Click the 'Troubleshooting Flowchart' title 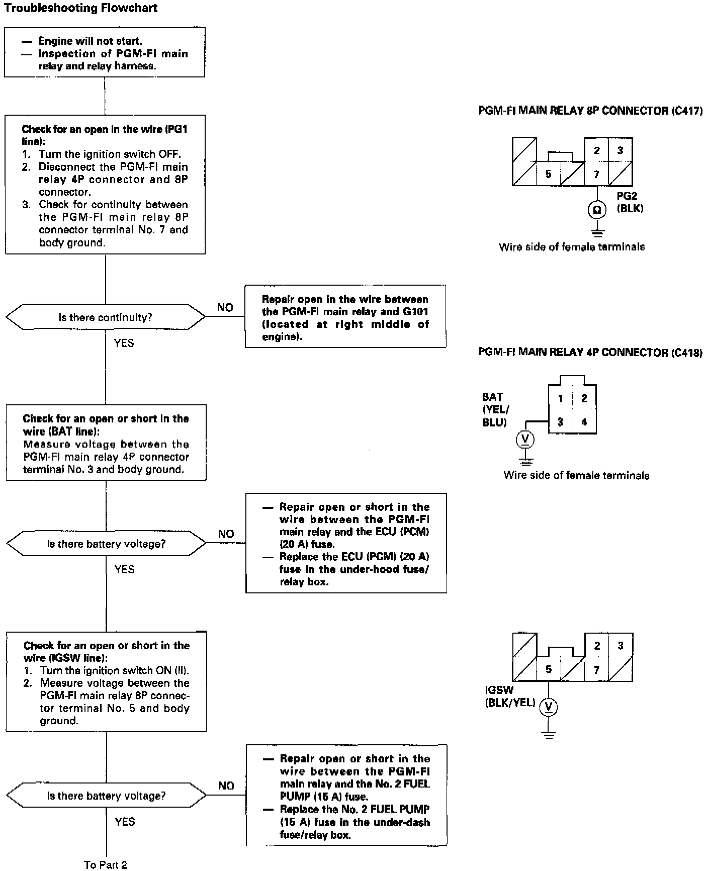80,8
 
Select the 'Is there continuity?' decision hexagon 105,317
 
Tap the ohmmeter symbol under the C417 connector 597,210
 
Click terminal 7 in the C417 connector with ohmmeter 596,175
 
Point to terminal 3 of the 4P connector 560,422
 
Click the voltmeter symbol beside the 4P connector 525,440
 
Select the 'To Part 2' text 106,864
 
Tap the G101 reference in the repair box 415,311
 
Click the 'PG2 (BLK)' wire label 630,202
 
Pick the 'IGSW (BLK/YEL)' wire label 510,696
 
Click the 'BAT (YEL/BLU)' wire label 494,410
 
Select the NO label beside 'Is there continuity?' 225,307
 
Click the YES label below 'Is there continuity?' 124,343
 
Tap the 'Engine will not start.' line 90,41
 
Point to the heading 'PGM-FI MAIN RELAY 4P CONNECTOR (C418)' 590,352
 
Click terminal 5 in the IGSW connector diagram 549,669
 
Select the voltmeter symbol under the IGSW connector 549,708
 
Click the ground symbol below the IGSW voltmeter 549,735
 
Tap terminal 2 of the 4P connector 584,398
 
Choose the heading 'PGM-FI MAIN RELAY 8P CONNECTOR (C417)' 590,111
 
